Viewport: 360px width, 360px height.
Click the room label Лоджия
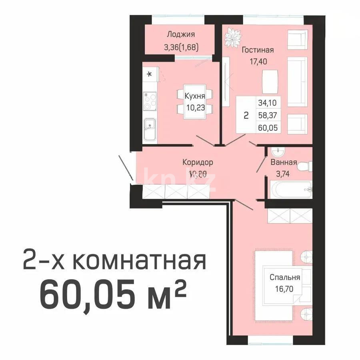(x=181, y=34)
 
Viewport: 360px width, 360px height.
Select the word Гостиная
(x=258, y=50)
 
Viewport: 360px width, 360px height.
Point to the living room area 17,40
(x=258, y=62)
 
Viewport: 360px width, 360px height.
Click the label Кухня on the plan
(x=195, y=96)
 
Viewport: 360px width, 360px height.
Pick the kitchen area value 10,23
(x=195, y=107)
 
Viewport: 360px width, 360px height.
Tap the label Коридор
(x=198, y=162)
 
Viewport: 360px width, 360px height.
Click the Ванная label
(x=284, y=162)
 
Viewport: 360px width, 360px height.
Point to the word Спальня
(x=285, y=277)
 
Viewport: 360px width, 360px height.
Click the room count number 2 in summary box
(x=246, y=116)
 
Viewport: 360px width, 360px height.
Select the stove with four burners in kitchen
(x=150, y=101)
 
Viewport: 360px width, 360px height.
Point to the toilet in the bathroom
(x=306, y=166)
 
